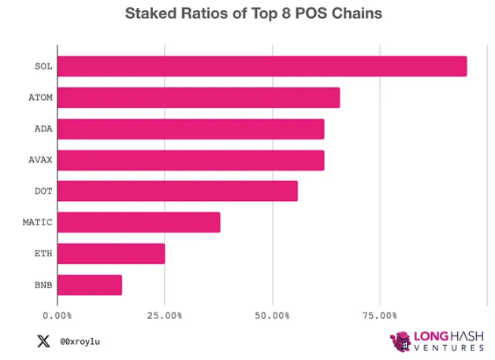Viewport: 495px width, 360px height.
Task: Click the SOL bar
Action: [262, 66]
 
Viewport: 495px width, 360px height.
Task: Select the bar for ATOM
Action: [199, 98]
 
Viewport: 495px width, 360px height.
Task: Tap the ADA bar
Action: [191, 128]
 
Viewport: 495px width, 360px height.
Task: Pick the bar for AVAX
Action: [191, 160]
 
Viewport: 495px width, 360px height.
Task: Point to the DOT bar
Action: [177, 191]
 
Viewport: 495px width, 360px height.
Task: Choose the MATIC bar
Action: [139, 222]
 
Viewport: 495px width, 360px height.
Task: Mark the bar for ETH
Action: [111, 253]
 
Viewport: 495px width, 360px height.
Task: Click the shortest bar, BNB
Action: [90, 284]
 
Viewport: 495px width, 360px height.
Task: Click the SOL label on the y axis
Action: [43, 66]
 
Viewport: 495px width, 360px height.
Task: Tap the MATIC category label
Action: [37, 222]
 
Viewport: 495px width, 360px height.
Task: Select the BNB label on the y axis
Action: [43, 284]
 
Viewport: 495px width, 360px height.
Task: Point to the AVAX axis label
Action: [40, 160]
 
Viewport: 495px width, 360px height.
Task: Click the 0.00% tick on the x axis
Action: [58, 315]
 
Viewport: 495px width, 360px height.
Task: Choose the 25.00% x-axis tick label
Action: [165, 315]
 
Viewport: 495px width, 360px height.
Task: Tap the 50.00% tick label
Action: [272, 315]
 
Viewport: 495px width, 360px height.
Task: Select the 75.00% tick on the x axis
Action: [379, 315]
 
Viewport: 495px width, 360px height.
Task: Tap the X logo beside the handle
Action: [43, 341]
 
